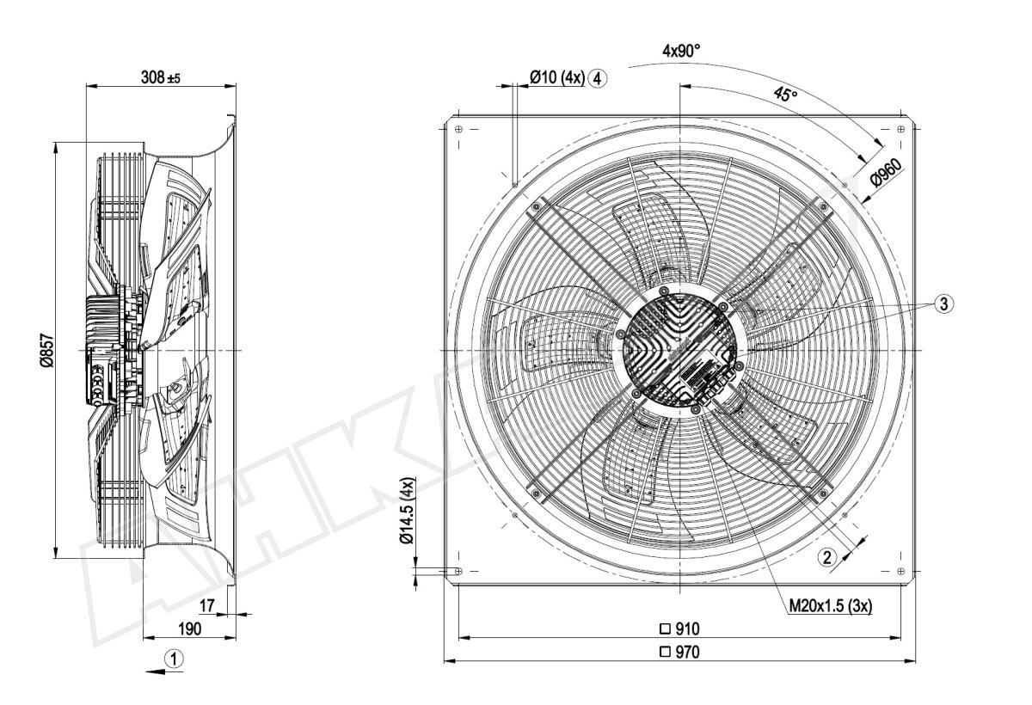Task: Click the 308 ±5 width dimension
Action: click(x=161, y=77)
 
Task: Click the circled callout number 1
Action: click(x=175, y=659)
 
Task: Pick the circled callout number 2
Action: click(x=826, y=557)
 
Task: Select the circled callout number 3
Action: click(x=943, y=303)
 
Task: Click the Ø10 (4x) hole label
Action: click(x=556, y=78)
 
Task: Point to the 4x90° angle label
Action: click(x=681, y=51)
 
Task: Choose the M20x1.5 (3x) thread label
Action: click(x=831, y=607)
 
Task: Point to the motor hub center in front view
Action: click(x=679, y=350)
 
